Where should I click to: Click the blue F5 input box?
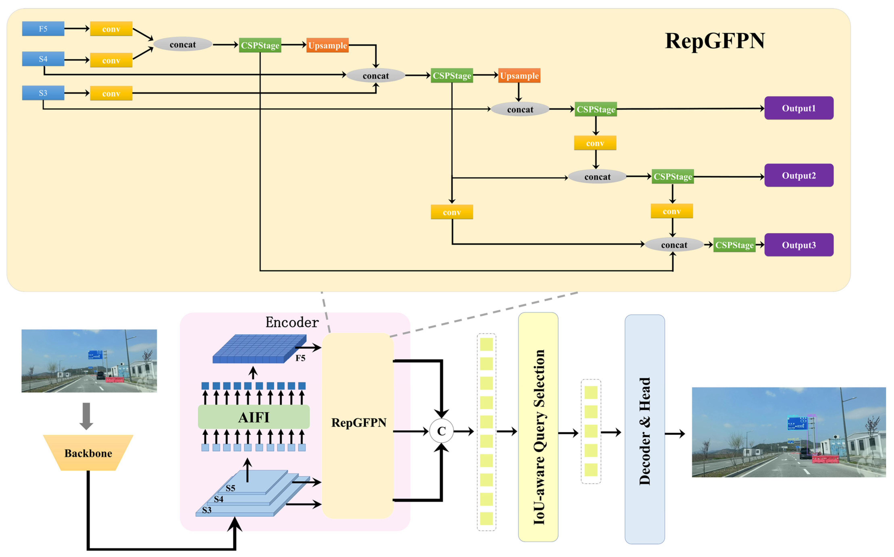tap(43, 29)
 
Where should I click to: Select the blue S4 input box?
tap(43, 59)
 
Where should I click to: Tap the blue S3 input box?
tap(43, 93)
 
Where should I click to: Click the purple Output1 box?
tap(799, 108)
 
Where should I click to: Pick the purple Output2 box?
tap(799, 175)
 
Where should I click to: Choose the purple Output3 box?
tap(799, 245)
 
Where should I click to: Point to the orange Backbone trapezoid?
tap(88, 453)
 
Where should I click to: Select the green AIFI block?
tap(254, 417)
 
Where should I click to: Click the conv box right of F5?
tap(111, 29)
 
